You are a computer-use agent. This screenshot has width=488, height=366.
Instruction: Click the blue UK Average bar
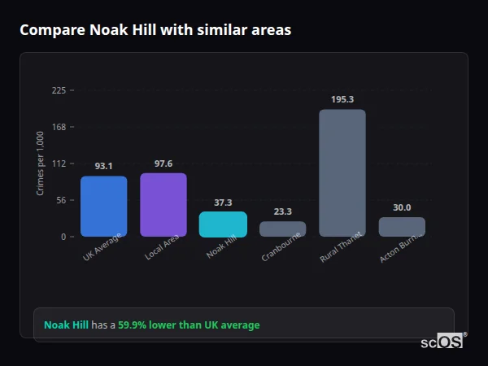pos(103,207)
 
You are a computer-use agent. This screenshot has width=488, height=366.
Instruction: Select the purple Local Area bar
pos(163,205)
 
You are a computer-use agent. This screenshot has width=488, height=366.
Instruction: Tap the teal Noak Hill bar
pos(223,224)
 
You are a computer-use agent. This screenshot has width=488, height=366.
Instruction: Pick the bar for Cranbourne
pos(283,229)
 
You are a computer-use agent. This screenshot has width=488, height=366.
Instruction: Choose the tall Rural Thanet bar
pos(342,173)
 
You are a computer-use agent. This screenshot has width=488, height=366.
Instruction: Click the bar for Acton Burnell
pos(402,227)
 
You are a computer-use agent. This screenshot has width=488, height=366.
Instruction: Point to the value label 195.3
pos(342,99)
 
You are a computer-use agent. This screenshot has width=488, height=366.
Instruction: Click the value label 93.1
pos(103,166)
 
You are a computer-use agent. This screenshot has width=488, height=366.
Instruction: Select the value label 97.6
pos(163,163)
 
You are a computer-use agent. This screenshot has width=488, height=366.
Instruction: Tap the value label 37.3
pos(223,203)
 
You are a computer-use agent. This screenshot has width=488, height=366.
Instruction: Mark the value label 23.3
pos(283,211)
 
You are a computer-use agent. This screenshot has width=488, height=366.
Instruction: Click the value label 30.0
pos(402,207)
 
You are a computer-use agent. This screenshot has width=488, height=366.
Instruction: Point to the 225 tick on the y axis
pos(59,90)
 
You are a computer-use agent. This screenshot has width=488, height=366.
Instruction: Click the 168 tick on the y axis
pos(59,127)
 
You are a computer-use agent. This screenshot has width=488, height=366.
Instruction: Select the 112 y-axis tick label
pos(59,163)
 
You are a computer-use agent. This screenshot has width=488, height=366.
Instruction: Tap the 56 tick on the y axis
pos(61,200)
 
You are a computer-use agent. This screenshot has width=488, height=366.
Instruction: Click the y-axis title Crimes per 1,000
pos(40,163)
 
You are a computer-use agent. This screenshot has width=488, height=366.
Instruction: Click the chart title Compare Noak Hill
pos(155,30)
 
